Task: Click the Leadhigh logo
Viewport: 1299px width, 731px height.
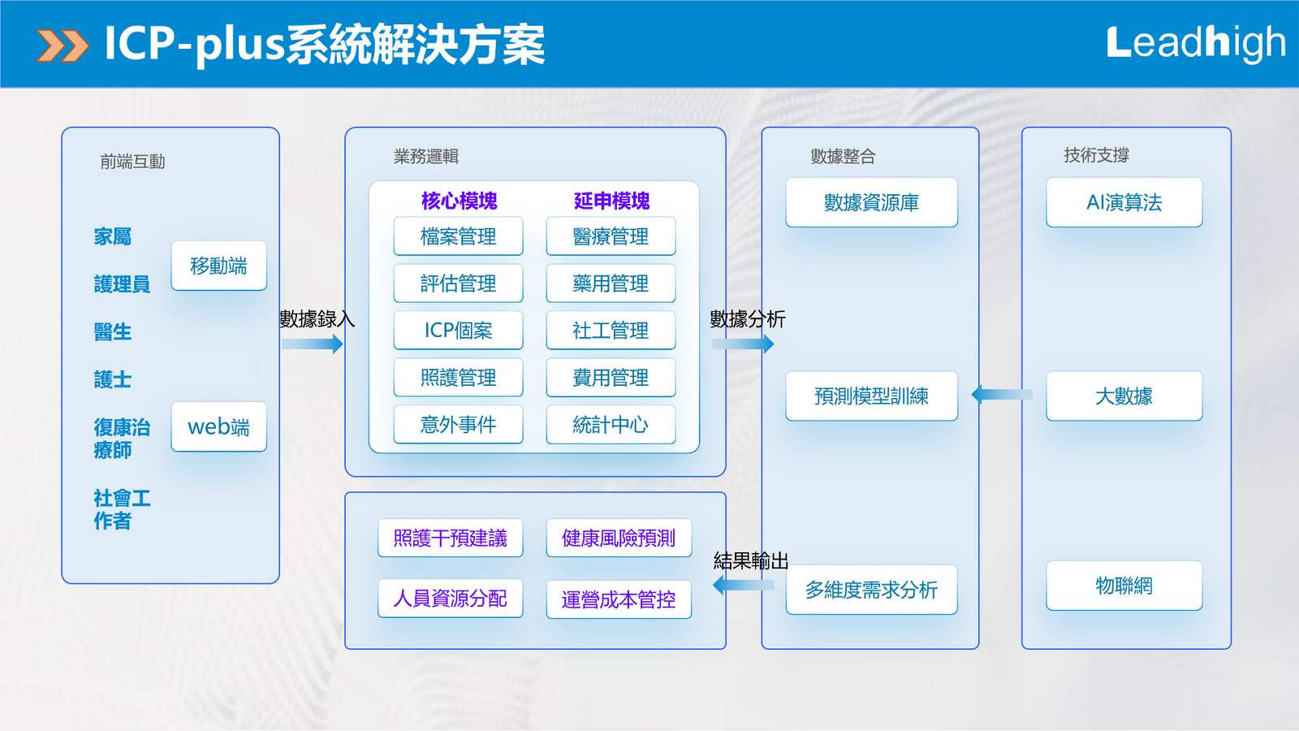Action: click(x=1195, y=43)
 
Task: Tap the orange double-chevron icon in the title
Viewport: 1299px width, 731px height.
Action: click(x=63, y=45)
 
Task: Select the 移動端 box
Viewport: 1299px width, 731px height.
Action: click(x=218, y=266)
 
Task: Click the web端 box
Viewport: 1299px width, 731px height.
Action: click(x=218, y=426)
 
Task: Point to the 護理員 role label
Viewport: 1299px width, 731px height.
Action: click(x=122, y=284)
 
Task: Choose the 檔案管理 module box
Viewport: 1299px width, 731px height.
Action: click(x=458, y=236)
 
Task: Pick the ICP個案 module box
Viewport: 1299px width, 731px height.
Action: click(x=458, y=331)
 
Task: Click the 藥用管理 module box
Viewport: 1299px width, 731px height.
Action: click(x=611, y=283)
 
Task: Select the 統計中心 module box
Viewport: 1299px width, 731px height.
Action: click(x=611, y=425)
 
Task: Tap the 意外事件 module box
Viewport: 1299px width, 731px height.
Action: click(x=458, y=425)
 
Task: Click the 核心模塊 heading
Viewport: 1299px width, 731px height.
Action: click(x=459, y=201)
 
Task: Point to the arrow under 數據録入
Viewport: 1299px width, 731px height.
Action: click(x=313, y=344)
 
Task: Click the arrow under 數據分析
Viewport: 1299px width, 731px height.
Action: click(x=743, y=344)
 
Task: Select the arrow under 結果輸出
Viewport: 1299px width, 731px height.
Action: click(x=738, y=585)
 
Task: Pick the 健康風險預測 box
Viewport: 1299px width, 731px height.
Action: click(x=619, y=538)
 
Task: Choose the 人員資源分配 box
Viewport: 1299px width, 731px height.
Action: click(x=450, y=599)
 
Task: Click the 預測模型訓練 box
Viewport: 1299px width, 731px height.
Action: click(x=871, y=396)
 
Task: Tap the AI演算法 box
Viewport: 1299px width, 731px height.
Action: click(x=1124, y=202)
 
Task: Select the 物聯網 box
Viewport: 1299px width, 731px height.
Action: click(x=1124, y=586)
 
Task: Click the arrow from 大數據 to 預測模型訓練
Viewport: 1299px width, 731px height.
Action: click(x=1002, y=395)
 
